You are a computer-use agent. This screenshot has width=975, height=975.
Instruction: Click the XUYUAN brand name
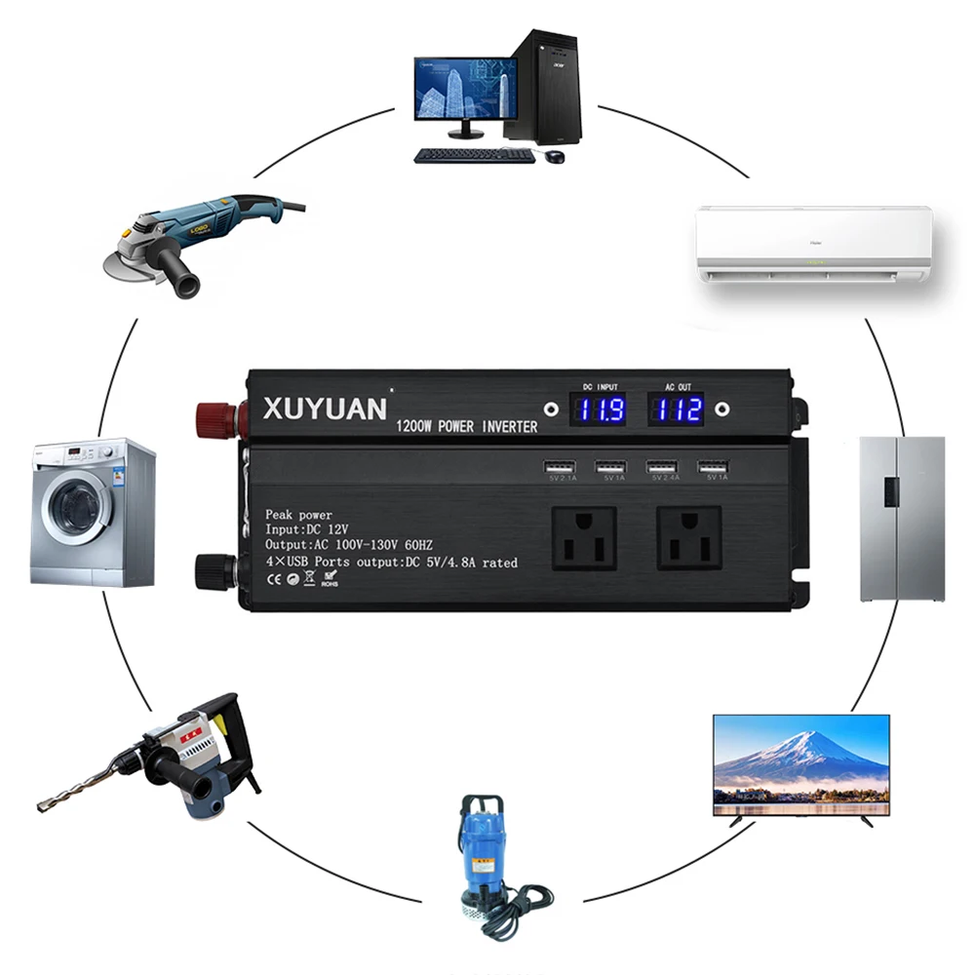(325, 409)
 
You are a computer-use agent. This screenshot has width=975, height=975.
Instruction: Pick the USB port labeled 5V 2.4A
(664, 466)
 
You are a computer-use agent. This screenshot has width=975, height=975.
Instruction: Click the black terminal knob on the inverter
(214, 571)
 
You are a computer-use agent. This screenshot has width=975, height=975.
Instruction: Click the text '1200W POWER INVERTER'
(466, 427)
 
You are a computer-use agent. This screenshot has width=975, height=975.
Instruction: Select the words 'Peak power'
(298, 515)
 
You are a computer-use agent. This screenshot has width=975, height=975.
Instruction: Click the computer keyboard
(475, 155)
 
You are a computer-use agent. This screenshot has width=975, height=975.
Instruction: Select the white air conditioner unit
(814, 244)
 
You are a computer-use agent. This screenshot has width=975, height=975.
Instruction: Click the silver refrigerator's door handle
(890, 490)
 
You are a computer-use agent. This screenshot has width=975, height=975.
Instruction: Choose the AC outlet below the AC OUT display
(688, 537)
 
